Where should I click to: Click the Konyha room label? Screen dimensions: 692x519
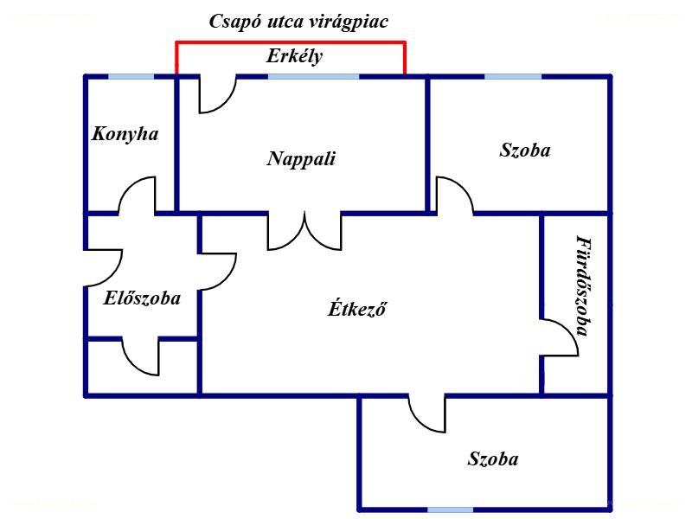pyautogui.click(x=125, y=134)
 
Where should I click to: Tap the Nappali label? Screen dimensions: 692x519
pyautogui.click(x=301, y=159)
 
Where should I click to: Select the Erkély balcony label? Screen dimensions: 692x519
pyautogui.click(x=294, y=56)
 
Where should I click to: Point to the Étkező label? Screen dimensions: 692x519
pyautogui.click(x=357, y=308)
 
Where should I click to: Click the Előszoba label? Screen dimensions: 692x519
pyautogui.click(x=142, y=298)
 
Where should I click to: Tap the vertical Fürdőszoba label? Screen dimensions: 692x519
pyautogui.click(x=583, y=286)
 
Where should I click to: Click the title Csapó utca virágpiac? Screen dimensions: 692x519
pyautogui.click(x=298, y=22)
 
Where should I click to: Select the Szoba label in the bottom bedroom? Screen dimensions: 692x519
pyautogui.click(x=493, y=459)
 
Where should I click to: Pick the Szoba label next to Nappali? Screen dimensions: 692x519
pyautogui.click(x=525, y=150)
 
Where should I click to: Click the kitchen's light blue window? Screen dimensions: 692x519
pyautogui.click(x=131, y=77)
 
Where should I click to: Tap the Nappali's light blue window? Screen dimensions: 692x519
pyautogui.click(x=314, y=77)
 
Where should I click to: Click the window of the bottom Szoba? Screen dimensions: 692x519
pyautogui.click(x=450, y=509)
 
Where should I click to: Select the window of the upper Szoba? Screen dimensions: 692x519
pyautogui.click(x=513, y=77)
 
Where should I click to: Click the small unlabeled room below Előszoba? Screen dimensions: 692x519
pyautogui.click(x=142, y=367)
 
